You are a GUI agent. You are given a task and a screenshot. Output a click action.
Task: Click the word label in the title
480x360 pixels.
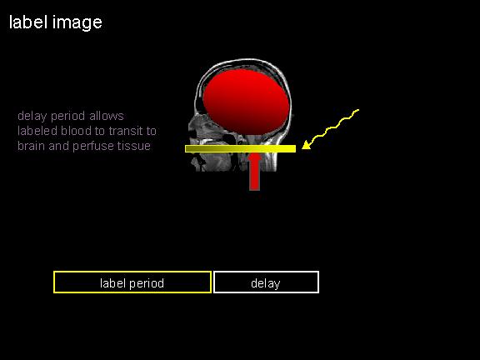[28, 22]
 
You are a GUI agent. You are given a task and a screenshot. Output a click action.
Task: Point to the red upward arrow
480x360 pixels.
[254, 172]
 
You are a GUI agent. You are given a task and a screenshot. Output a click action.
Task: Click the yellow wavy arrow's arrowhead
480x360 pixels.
[307, 145]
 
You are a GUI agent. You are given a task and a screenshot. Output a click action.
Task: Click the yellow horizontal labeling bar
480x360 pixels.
[240, 149]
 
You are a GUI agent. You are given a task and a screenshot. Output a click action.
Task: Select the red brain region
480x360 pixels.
[246, 102]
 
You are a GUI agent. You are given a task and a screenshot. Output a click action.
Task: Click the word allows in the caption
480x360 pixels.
[107, 116]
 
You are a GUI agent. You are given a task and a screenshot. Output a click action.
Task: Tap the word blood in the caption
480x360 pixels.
[77, 131]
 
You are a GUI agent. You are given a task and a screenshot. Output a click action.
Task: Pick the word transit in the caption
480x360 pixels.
[126, 131]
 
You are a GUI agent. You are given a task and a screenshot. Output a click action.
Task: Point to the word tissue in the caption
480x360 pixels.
[135, 146]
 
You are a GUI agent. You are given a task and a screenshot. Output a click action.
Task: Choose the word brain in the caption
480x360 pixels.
[32, 146]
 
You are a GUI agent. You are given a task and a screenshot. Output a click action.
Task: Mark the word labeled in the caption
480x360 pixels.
[37, 131]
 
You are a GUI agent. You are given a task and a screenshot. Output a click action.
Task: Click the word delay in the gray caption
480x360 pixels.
[32, 117]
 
